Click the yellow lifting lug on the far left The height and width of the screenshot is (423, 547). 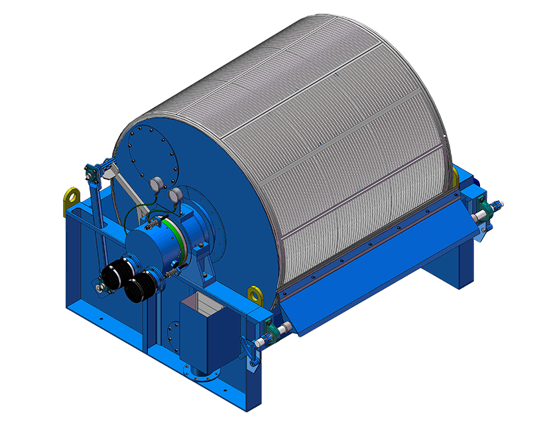click(x=72, y=196)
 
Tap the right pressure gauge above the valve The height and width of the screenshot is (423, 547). click(x=176, y=196)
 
